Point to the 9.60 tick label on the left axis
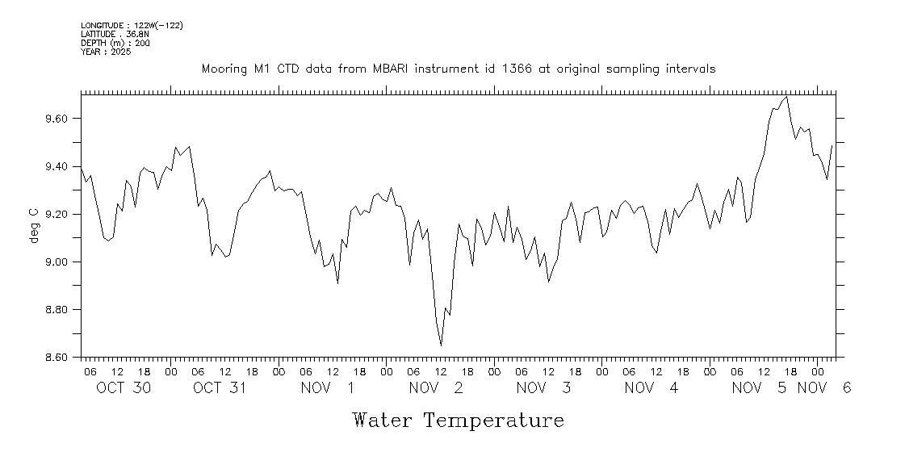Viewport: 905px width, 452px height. coord(57,119)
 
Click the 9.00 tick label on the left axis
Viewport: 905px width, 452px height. coord(57,262)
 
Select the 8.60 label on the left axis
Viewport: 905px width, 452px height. coord(57,358)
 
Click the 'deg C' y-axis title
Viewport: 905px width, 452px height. coord(33,226)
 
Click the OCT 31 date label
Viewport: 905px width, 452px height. coord(219,388)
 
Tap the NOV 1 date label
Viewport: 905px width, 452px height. coord(327,388)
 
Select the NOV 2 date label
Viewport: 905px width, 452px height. coord(436,388)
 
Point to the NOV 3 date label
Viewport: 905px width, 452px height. coord(543,388)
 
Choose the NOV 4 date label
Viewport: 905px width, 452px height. coord(652,388)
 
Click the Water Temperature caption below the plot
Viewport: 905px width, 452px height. coord(458,421)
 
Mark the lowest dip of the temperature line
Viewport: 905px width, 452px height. coord(441,345)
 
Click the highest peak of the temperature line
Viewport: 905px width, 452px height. coord(787,97)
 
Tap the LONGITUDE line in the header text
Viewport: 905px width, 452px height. coord(132,25)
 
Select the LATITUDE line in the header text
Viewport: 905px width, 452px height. coord(114,34)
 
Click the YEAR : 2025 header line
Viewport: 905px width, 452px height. coord(100,52)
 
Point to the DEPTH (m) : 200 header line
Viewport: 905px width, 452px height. coord(115,43)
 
